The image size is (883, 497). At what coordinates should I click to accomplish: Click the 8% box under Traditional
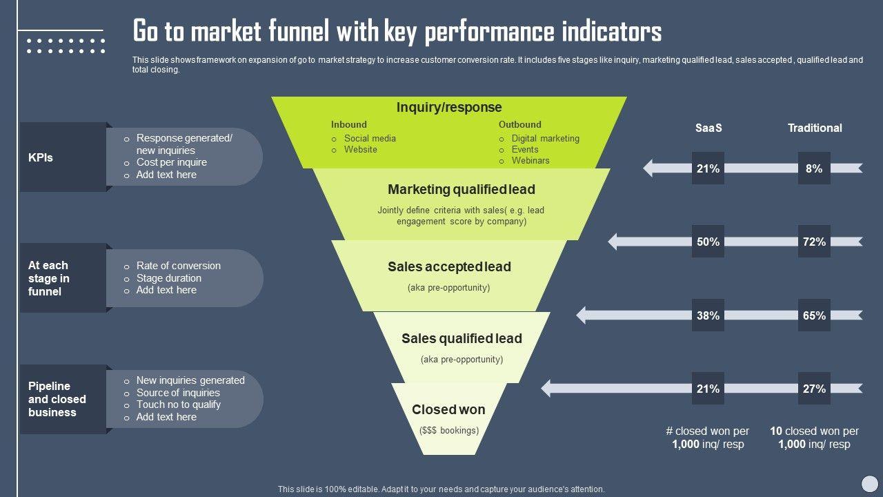click(814, 168)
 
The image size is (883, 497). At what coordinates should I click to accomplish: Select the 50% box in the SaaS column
click(708, 242)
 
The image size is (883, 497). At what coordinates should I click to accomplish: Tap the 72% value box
click(814, 242)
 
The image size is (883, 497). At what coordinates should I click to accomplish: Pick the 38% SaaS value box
click(708, 315)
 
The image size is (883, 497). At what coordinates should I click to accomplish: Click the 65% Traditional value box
click(814, 315)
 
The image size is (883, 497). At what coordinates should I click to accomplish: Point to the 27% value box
click(814, 389)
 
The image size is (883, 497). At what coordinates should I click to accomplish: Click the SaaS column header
click(708, 128)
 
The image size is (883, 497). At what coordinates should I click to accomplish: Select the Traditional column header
click(815, 128)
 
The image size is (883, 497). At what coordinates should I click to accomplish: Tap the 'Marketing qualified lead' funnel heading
click(462, 189)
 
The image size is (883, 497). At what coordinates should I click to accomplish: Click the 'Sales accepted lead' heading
click(449, 266)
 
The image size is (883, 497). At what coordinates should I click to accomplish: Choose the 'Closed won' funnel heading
click(448, 409)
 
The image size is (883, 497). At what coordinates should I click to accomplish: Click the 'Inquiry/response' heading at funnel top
click(449, 107)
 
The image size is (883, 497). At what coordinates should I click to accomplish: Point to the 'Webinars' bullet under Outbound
click(530, 160)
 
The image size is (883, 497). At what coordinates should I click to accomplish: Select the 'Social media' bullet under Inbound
click(370, 138)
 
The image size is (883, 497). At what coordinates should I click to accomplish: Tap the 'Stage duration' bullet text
click(169, 278)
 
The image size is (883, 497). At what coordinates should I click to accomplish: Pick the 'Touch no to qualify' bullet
click(179, 405)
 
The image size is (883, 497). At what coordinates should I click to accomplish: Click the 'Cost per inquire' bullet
click(172, 162)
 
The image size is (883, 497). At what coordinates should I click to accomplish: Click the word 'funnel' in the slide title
click(292, 32)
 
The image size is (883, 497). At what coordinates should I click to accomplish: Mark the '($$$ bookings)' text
click(449, 430)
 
